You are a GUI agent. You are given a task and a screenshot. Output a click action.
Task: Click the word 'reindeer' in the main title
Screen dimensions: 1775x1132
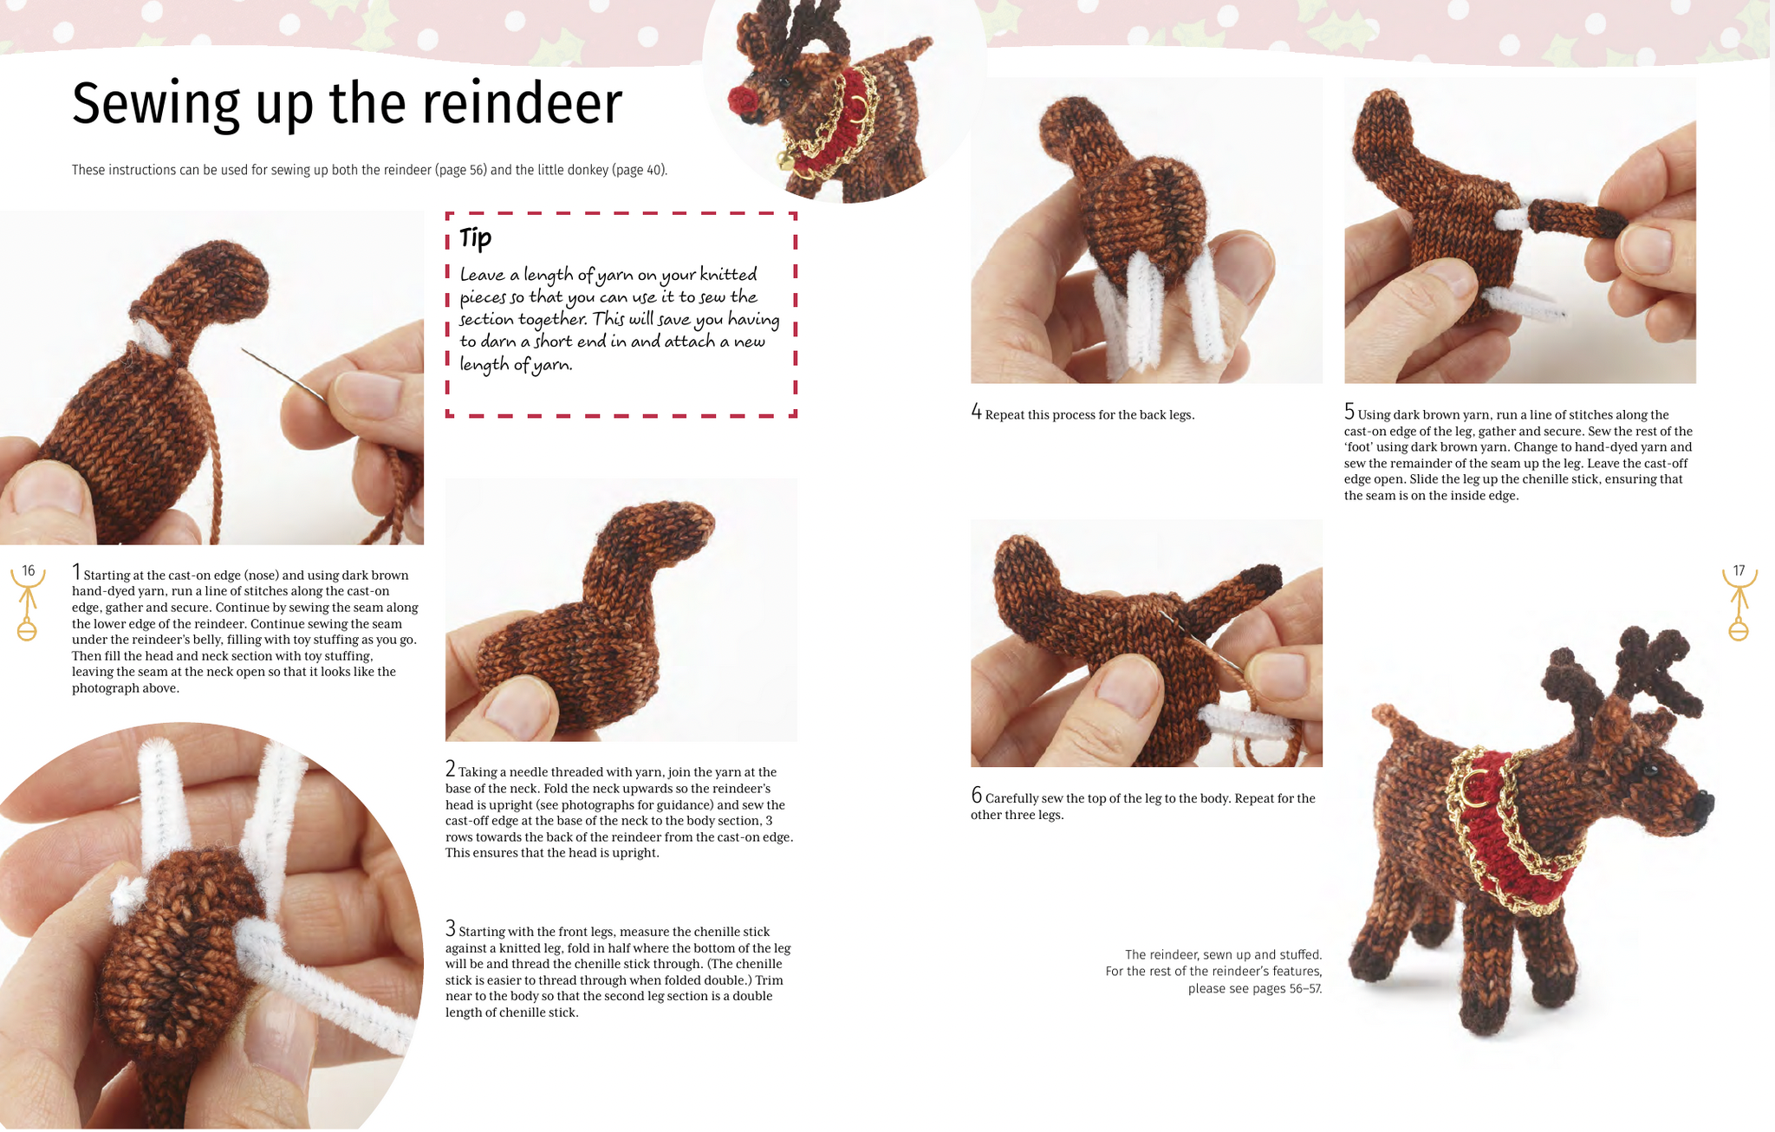(x=523, y=105)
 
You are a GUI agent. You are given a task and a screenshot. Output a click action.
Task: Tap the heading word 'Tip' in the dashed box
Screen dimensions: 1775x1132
(x=475, y=237)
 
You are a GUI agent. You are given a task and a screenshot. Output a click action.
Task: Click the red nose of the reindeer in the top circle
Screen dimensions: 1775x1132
(x=744, y=101)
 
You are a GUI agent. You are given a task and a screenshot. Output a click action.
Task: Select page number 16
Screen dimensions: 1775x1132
(x=29, y=570)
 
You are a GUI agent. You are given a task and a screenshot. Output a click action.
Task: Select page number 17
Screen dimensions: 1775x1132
(x=1739, y=570)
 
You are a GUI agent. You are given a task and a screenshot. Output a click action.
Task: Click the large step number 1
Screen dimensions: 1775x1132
(x=76, y=572)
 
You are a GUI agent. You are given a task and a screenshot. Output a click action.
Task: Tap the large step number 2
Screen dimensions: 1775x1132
(x=450, y=769)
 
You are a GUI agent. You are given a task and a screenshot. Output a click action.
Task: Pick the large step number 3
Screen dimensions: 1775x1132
(x=450, y=928)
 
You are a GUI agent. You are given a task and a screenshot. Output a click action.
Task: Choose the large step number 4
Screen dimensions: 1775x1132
(x=976, y=412)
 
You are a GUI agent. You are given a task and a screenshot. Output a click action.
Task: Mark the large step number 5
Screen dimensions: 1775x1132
(x=1349, y=412)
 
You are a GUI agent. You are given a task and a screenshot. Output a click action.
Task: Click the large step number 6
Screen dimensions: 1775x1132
(x=976, y=795)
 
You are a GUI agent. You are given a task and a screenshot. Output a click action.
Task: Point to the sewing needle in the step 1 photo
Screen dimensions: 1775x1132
(x=283, y=374)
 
